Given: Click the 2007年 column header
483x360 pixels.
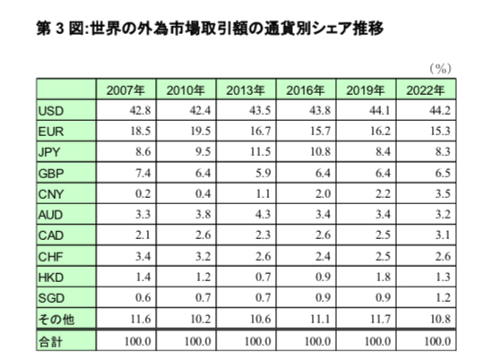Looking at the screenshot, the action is (125, 90).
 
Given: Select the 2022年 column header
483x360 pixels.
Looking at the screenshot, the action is (426, 90).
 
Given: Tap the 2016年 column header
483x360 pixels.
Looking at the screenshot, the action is (306, 90).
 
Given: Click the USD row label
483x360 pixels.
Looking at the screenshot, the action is (51, 111).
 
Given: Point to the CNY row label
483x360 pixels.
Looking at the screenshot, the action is (51, 194).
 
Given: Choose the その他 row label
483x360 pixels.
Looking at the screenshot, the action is (56, 320).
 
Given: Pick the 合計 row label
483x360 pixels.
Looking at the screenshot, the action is (50, 341).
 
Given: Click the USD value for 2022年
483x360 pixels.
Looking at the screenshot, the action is (440, 110).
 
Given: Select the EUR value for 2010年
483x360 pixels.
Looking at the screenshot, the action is (200, 131).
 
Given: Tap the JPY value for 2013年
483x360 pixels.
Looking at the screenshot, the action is (260, 152).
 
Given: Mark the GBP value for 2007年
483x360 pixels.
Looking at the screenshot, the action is (143, 173).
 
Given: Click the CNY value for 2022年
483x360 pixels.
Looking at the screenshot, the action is (443, 193).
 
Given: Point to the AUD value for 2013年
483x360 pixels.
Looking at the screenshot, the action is (263, 214).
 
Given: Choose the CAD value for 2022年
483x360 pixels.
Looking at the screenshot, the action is (443, 235).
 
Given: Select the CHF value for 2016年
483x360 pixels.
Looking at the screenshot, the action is (323, 256).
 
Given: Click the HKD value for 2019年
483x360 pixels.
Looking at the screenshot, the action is (383, 277).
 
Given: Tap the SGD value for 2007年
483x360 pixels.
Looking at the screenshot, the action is (143, 297).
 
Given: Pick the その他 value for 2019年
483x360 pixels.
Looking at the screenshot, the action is (381, 319).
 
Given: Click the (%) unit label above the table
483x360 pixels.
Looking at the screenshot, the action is (441, 69).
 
